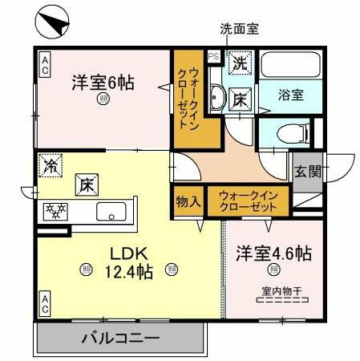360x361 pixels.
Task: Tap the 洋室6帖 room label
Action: pos(103,82)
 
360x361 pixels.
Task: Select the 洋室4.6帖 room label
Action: pos(273,254)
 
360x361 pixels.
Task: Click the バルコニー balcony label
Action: pos(120,339)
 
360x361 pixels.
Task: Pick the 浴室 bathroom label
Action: pos(289,94)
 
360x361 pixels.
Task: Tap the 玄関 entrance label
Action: pos(307,171)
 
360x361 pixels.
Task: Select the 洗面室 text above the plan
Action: pos(239,30)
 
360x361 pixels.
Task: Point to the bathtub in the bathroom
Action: pos(289,67)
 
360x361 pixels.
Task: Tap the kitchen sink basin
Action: pos(109,213)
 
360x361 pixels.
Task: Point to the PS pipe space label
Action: pos(213,56)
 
